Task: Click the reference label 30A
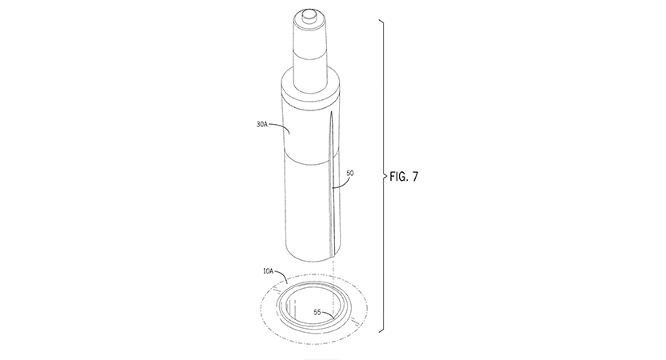pos(261,125)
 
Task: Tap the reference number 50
pos(350,173)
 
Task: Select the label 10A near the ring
pos(268,271)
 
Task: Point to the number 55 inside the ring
pos(317,312)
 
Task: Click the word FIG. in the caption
pos(398,176)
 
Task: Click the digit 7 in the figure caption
pos(415,176)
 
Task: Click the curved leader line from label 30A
pos(281,126)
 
